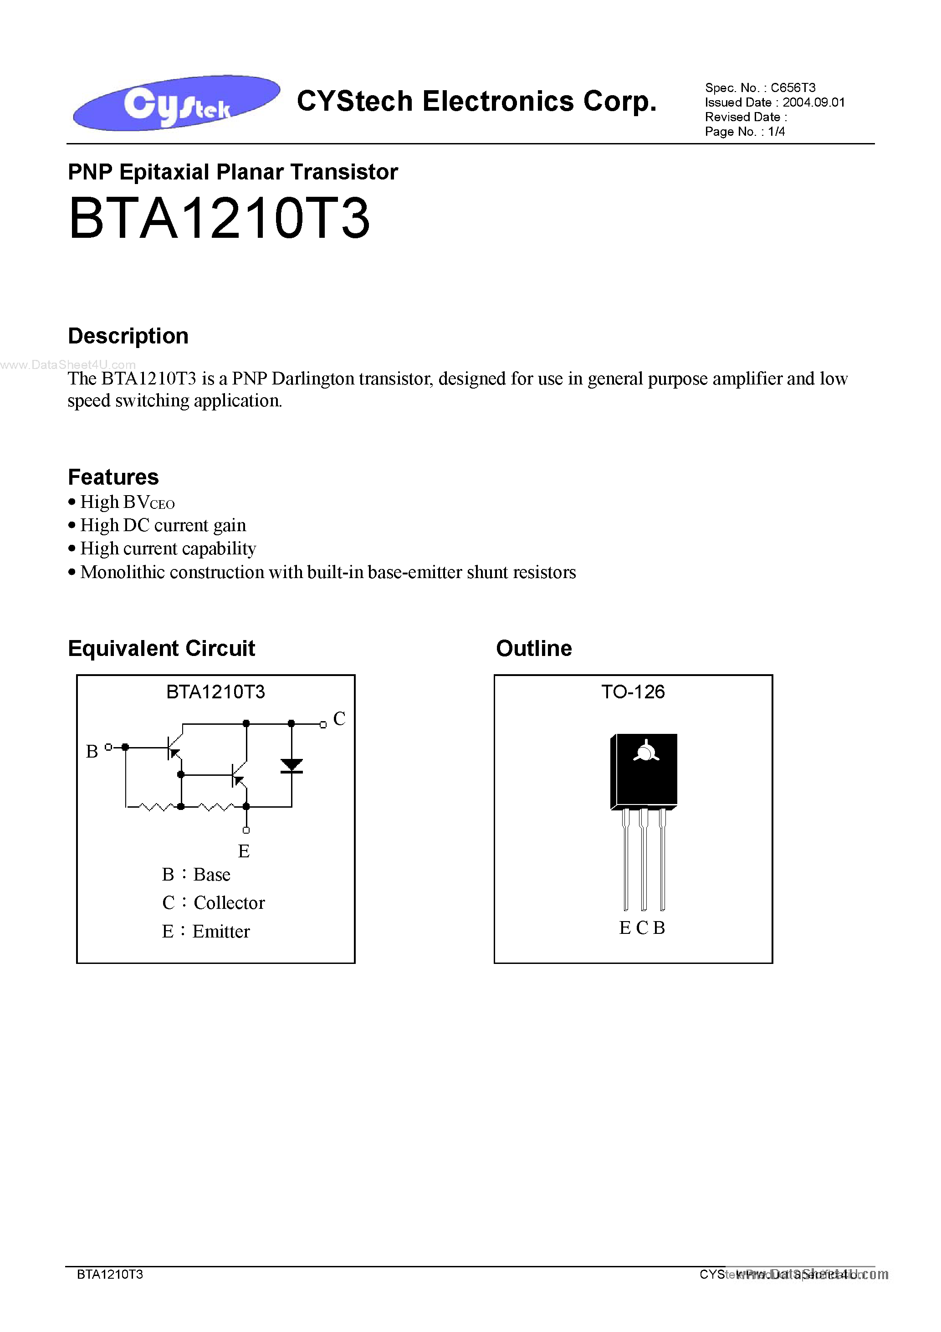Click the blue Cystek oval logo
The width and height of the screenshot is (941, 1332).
[176, 102]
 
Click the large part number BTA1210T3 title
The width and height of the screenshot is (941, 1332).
[219, 218]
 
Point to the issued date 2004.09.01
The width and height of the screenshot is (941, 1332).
[813, 102]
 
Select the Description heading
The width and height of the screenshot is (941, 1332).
[128, 336]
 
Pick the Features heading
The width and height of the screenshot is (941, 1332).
[113, 477]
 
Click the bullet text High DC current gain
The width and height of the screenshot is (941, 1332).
[163, 525]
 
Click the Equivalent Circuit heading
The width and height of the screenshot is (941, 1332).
[161, 648]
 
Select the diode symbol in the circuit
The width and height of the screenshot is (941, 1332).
[291, 766]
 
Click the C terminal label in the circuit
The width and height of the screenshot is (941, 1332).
[339, 719]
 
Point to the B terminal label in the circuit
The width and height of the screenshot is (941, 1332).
[92, 752]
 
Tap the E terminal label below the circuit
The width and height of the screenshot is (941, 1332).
[244, 851]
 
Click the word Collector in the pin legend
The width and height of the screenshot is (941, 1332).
[229, 903]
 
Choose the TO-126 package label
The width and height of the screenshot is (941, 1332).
[633, 692]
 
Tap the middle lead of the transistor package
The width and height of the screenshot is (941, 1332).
[644, 861]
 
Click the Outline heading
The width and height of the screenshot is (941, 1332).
[534, 648]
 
